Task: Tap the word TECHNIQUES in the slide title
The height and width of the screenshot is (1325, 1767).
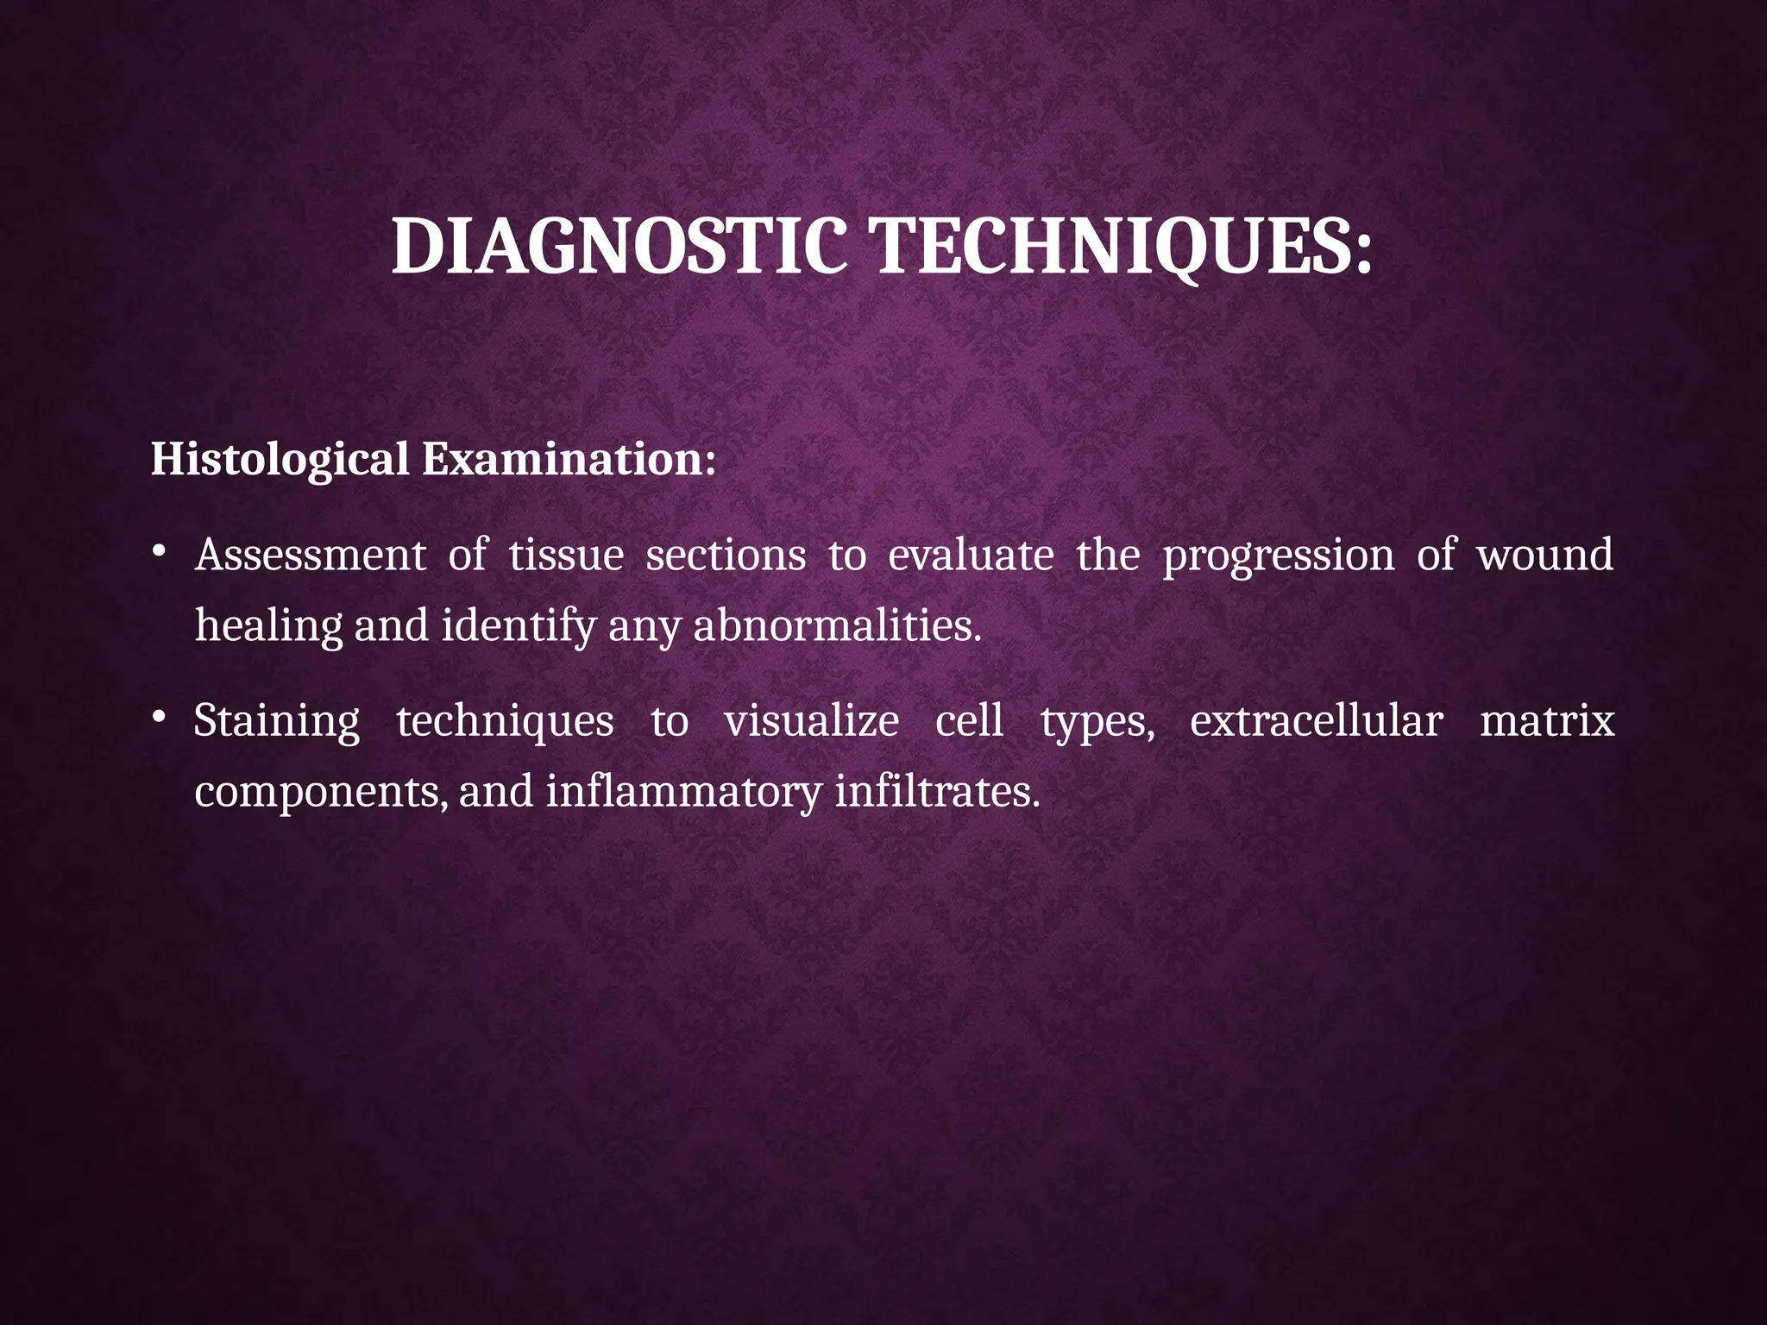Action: [x=1122, y=248]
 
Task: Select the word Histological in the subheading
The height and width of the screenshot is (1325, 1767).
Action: [x=280, y=460]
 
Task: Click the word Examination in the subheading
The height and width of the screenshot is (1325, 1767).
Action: [x=567, y=458]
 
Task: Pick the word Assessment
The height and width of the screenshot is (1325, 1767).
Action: [x=311, y=555]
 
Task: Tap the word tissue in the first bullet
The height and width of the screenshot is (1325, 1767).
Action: [x=566, y=555]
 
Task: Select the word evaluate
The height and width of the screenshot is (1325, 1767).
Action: [x=971, y=555]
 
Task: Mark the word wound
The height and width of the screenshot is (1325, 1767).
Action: [x=1544, y=555]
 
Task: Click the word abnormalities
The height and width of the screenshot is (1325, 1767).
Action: [x=837, y=625]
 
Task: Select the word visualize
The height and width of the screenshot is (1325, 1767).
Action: [x=811, y=721]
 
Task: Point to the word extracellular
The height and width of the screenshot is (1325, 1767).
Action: [x=1316, y=721]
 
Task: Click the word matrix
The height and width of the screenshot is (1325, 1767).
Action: [x=1547, y=721]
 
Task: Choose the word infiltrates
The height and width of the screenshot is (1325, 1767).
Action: [x=937, y=792]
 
